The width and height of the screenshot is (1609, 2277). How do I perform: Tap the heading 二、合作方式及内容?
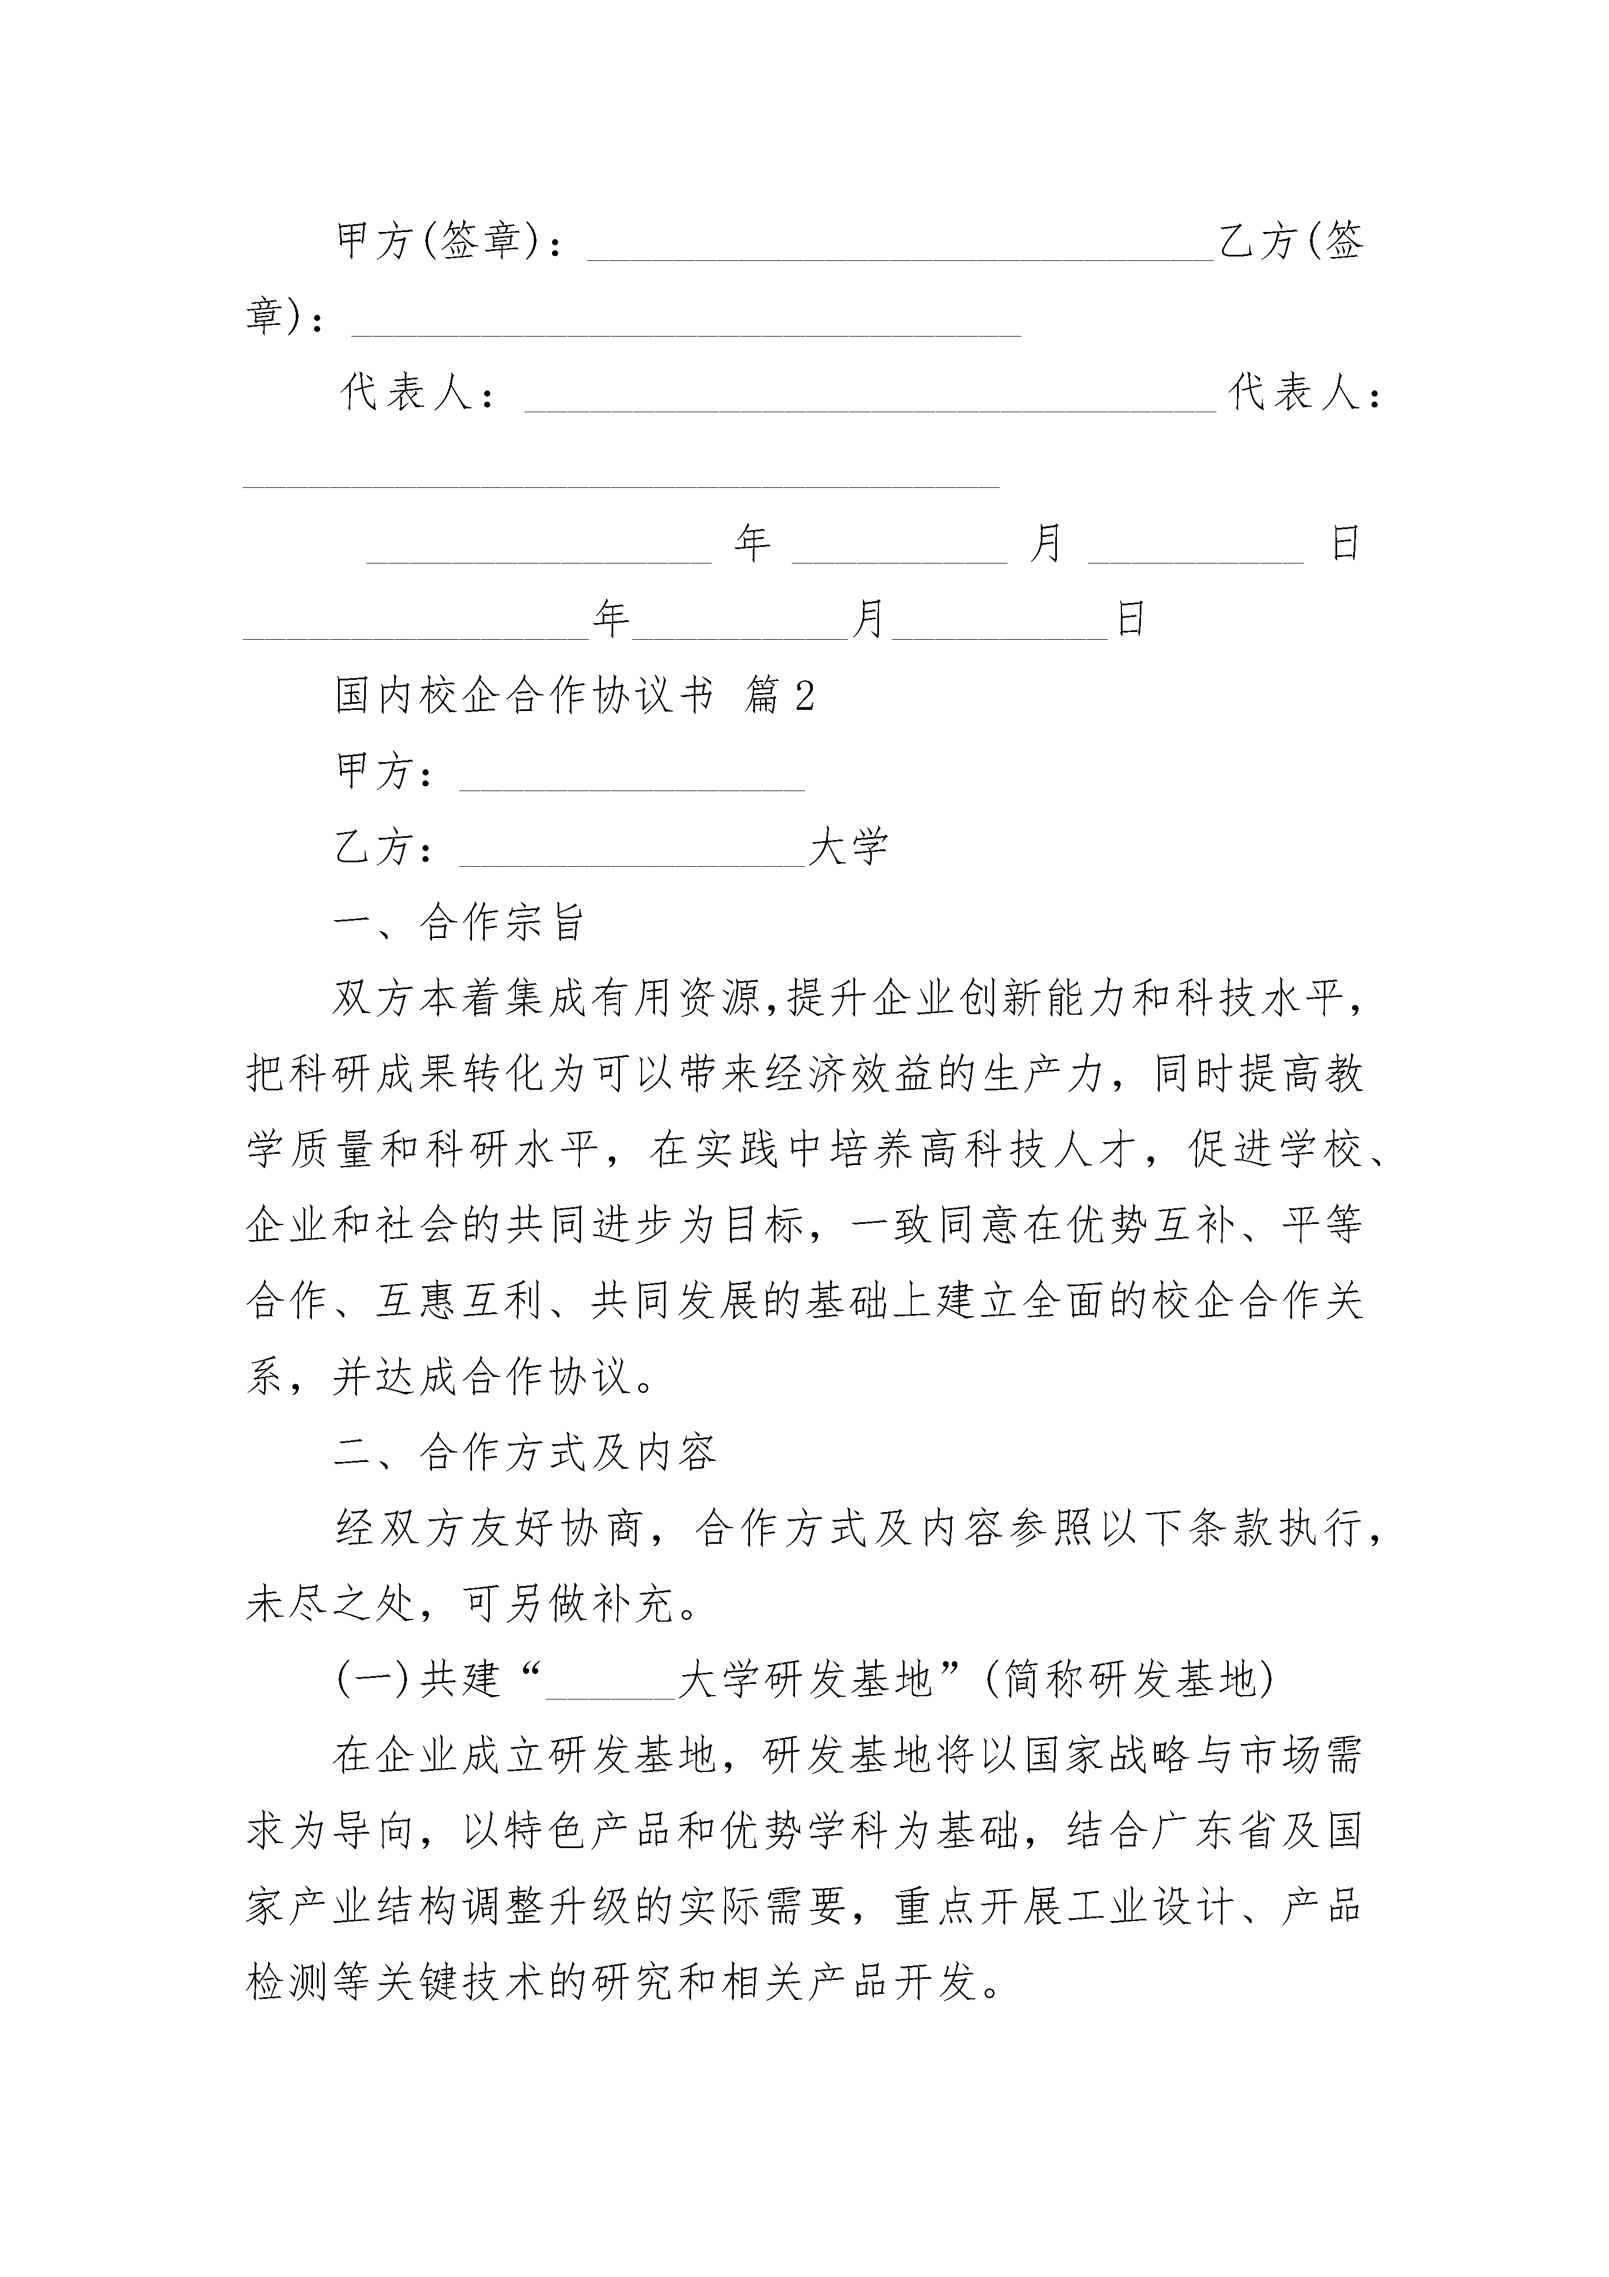(x=525, y=1453)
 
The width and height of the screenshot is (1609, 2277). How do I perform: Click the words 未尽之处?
(x=329, y=1604)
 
